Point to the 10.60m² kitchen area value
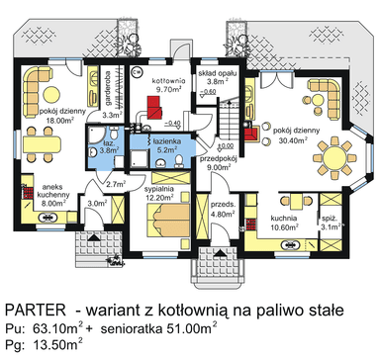(x=282, y=225)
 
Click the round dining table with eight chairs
(x=334, y=158)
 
